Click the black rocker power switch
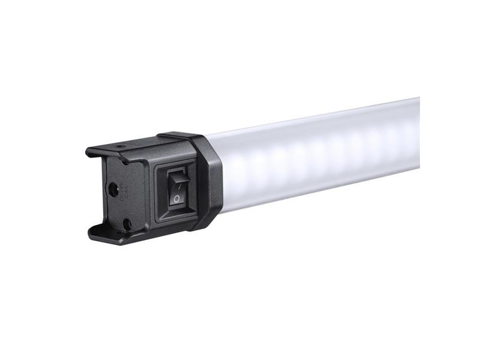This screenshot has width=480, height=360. coord(177,187)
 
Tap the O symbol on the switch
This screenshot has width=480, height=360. coord(176,197)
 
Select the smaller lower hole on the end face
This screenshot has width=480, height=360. coord(127,223)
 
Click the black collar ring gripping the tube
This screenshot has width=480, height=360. coord(207,180)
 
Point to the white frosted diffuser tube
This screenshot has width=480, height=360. coord(318,156)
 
